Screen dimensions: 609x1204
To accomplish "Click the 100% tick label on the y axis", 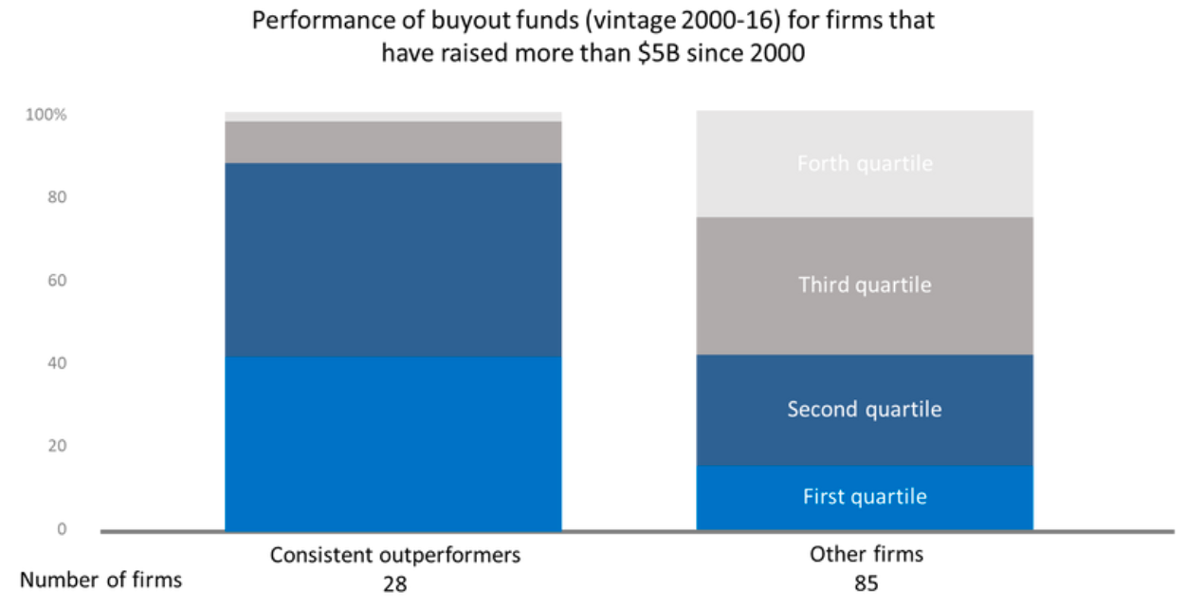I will pyautogui.click(x=46, y=115).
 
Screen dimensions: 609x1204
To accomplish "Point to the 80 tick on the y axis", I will pyautogui.click(x=58, y=197).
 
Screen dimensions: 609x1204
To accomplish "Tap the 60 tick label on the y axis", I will pyautogui.click(x=58, y=281).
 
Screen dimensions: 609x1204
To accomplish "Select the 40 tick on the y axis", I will pyautogui.click(x=58, y=363).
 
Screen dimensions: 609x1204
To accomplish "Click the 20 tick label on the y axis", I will pyautogui.click(x=58, y=446).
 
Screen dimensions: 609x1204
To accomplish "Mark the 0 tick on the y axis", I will pyautogui.click(x=62, y=529).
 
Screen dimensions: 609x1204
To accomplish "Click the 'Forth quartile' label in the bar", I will pyautogui.click(x=864, y=164).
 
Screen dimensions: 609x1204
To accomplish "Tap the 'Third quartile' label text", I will pyautogui.click(x=864, y=285).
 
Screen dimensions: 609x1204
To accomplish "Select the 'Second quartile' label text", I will pyautogui.click(x=864, y=410).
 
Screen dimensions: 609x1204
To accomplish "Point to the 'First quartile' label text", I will pyautogui.click(x=864, y=497).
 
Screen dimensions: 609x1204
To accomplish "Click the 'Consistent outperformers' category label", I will pyautogui.click(x=394, y=555).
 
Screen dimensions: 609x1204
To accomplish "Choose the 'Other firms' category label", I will pyautogui.click(x=866, y=555).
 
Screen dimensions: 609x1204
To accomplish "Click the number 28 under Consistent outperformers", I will pyautogui.click(x=394, y=583).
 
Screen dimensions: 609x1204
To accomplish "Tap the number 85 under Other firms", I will pyautogui.click(x=866, y=583).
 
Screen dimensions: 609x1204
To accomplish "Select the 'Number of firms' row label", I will pyautogui.click(x=100, y=580).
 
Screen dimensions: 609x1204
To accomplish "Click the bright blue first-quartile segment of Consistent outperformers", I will pyautogui.click(x=392, y=442).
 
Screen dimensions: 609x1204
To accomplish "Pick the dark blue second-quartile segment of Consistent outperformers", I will pyautogui.click(x=392, y=259).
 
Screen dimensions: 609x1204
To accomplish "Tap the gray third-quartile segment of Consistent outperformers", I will pyautogui.click(x=392, y=142).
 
